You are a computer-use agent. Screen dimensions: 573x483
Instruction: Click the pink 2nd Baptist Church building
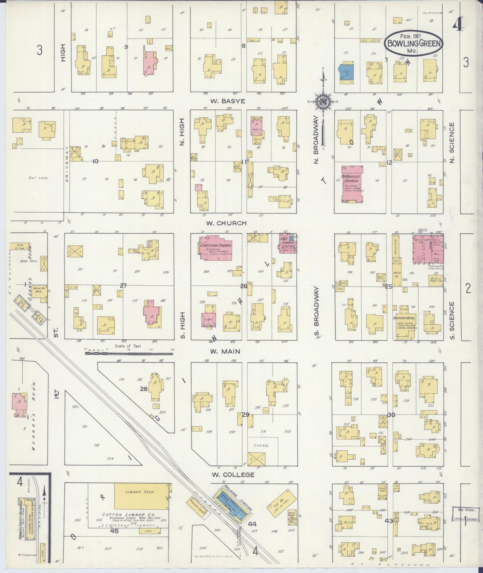(353, 184)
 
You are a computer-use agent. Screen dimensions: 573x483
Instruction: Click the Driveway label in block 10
(67, 164)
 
